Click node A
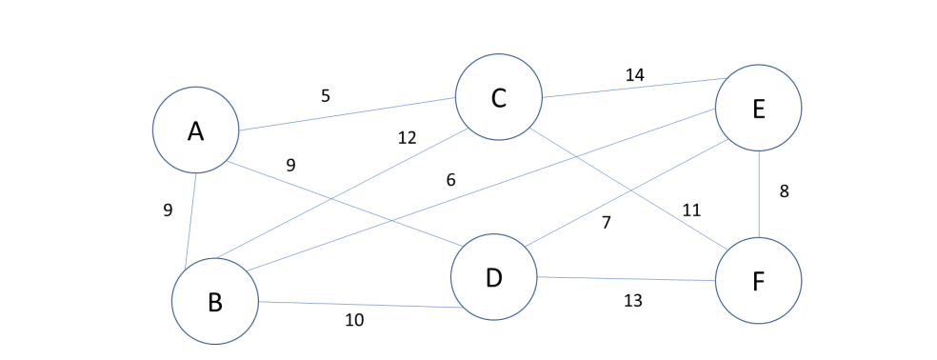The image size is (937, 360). [195, 130]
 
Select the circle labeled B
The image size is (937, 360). [215, 301]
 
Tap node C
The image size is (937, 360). [498, 97]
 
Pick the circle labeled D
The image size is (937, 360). [493, 277]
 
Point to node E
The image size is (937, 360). [758, 109]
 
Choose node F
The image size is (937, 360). [758, 281]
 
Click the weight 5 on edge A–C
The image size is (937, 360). [325, 96]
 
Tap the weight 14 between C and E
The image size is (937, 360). [634, 75]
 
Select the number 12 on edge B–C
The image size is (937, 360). [407, 138]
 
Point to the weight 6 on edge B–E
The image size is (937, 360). [450, 180]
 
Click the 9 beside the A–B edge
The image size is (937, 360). [168, 210]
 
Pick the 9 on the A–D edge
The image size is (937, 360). [290, 165]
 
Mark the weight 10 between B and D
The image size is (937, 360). [354, 320]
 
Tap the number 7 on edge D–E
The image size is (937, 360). [606, 223]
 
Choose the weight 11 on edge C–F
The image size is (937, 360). [691, 210]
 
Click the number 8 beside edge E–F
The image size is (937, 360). [784, 191]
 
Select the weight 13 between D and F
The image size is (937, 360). [632, 301]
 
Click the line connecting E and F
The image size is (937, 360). [759, 195]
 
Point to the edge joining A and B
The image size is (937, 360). [190, 215]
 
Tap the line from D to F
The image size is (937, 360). [626, 279]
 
